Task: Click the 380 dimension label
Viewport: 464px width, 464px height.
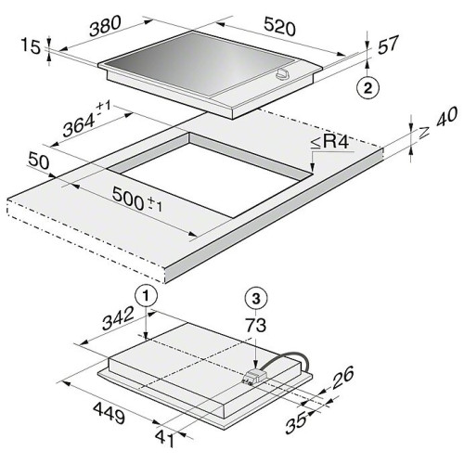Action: pyautogui.click(x=105, y=26)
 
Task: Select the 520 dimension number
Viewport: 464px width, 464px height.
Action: pyautogui.click(x=280, y=27)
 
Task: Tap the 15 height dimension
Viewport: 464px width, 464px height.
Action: pyautogui.click(x=31, y=47)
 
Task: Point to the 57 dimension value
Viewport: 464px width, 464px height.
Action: pyautogui.click(x=388, y=45)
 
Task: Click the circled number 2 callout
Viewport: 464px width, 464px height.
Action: pyautogui.click(x=367, y=89)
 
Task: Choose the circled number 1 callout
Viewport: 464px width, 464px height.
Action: pyautogui.click(x=147, y=296)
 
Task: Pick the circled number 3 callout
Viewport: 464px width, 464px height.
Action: pyautogui.click(x=256, y=299)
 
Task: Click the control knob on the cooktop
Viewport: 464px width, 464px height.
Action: pyautogui.click(x=283, y=74)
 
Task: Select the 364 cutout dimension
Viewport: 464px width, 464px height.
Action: pyautogui.click(x=79, y=123)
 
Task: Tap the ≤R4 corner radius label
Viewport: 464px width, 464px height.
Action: pyautogui.click(x=329, y=142)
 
